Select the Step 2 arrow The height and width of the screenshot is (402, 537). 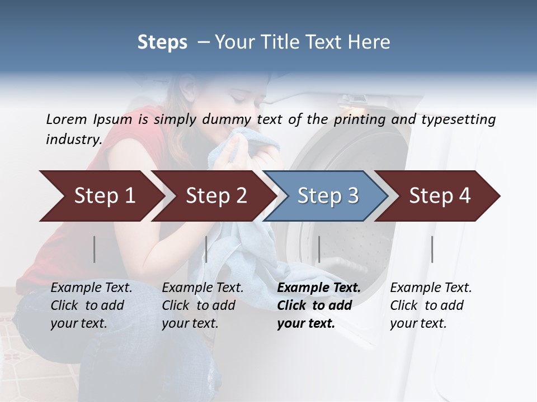tap(215, 196)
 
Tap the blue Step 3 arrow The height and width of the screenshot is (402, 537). tap(327, 196)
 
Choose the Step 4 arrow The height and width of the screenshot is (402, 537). tap(440, 196)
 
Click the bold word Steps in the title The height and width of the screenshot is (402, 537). tap(162, 42)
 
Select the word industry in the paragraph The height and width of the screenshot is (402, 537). tap(73, 140)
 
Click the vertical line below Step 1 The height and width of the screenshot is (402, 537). tap(95, 249)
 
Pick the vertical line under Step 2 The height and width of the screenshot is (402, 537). tap(206, 249)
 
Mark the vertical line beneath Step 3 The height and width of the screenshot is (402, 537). tap(319, 249)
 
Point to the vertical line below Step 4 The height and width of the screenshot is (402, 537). tap(432, 249)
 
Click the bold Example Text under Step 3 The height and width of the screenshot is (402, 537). tap(319, 288)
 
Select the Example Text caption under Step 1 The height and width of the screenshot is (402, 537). tap(91, 288)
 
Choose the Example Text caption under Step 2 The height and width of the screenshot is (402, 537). tap(202, 288)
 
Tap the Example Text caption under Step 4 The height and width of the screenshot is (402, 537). tap(431, 288)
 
